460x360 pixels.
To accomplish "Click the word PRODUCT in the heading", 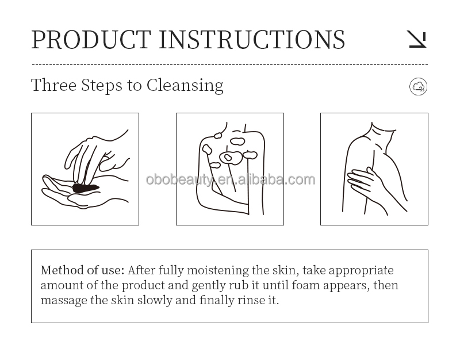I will (91, 39).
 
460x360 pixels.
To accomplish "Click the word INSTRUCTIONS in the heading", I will (252, 39).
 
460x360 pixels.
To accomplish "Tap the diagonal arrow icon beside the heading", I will (417, 39).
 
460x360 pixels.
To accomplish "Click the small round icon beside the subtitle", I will (418, 87).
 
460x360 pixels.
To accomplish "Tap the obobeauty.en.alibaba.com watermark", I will (230, 179).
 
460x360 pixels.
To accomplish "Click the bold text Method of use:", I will (82, 270).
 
